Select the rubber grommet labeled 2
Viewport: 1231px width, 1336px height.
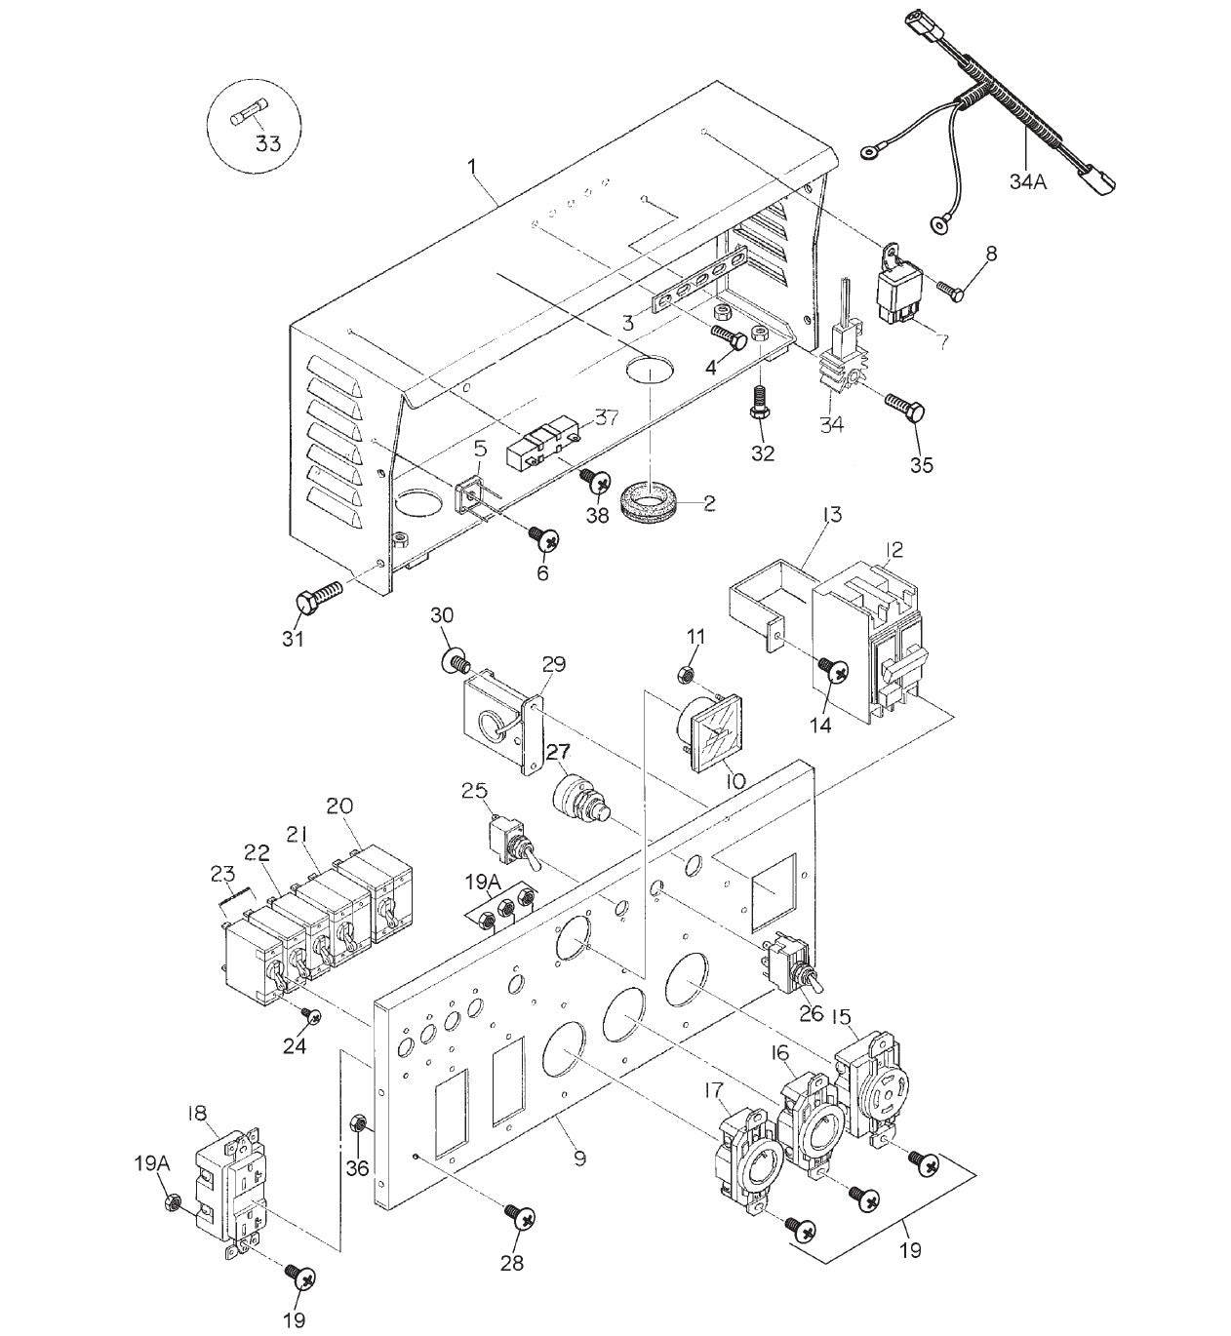click(x=661, y=499)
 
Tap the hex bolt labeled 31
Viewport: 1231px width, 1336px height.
click(x=318, y=597)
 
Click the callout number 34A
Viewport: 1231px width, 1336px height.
click(x=1027, y=180)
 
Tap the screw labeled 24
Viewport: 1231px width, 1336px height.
click(x=311, y=1016)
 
